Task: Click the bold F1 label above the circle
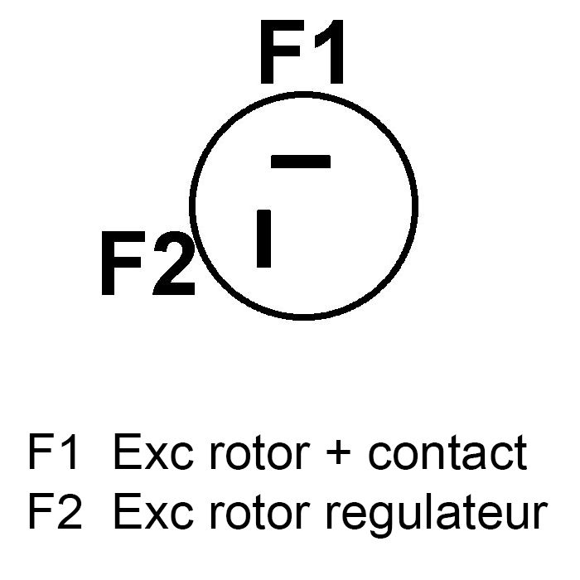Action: click(x=302, y=55)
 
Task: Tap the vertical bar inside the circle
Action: click(x=264, y=239)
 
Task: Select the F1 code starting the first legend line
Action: click(x=55, y=452)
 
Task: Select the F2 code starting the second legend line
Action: click(x=55, y=512)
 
